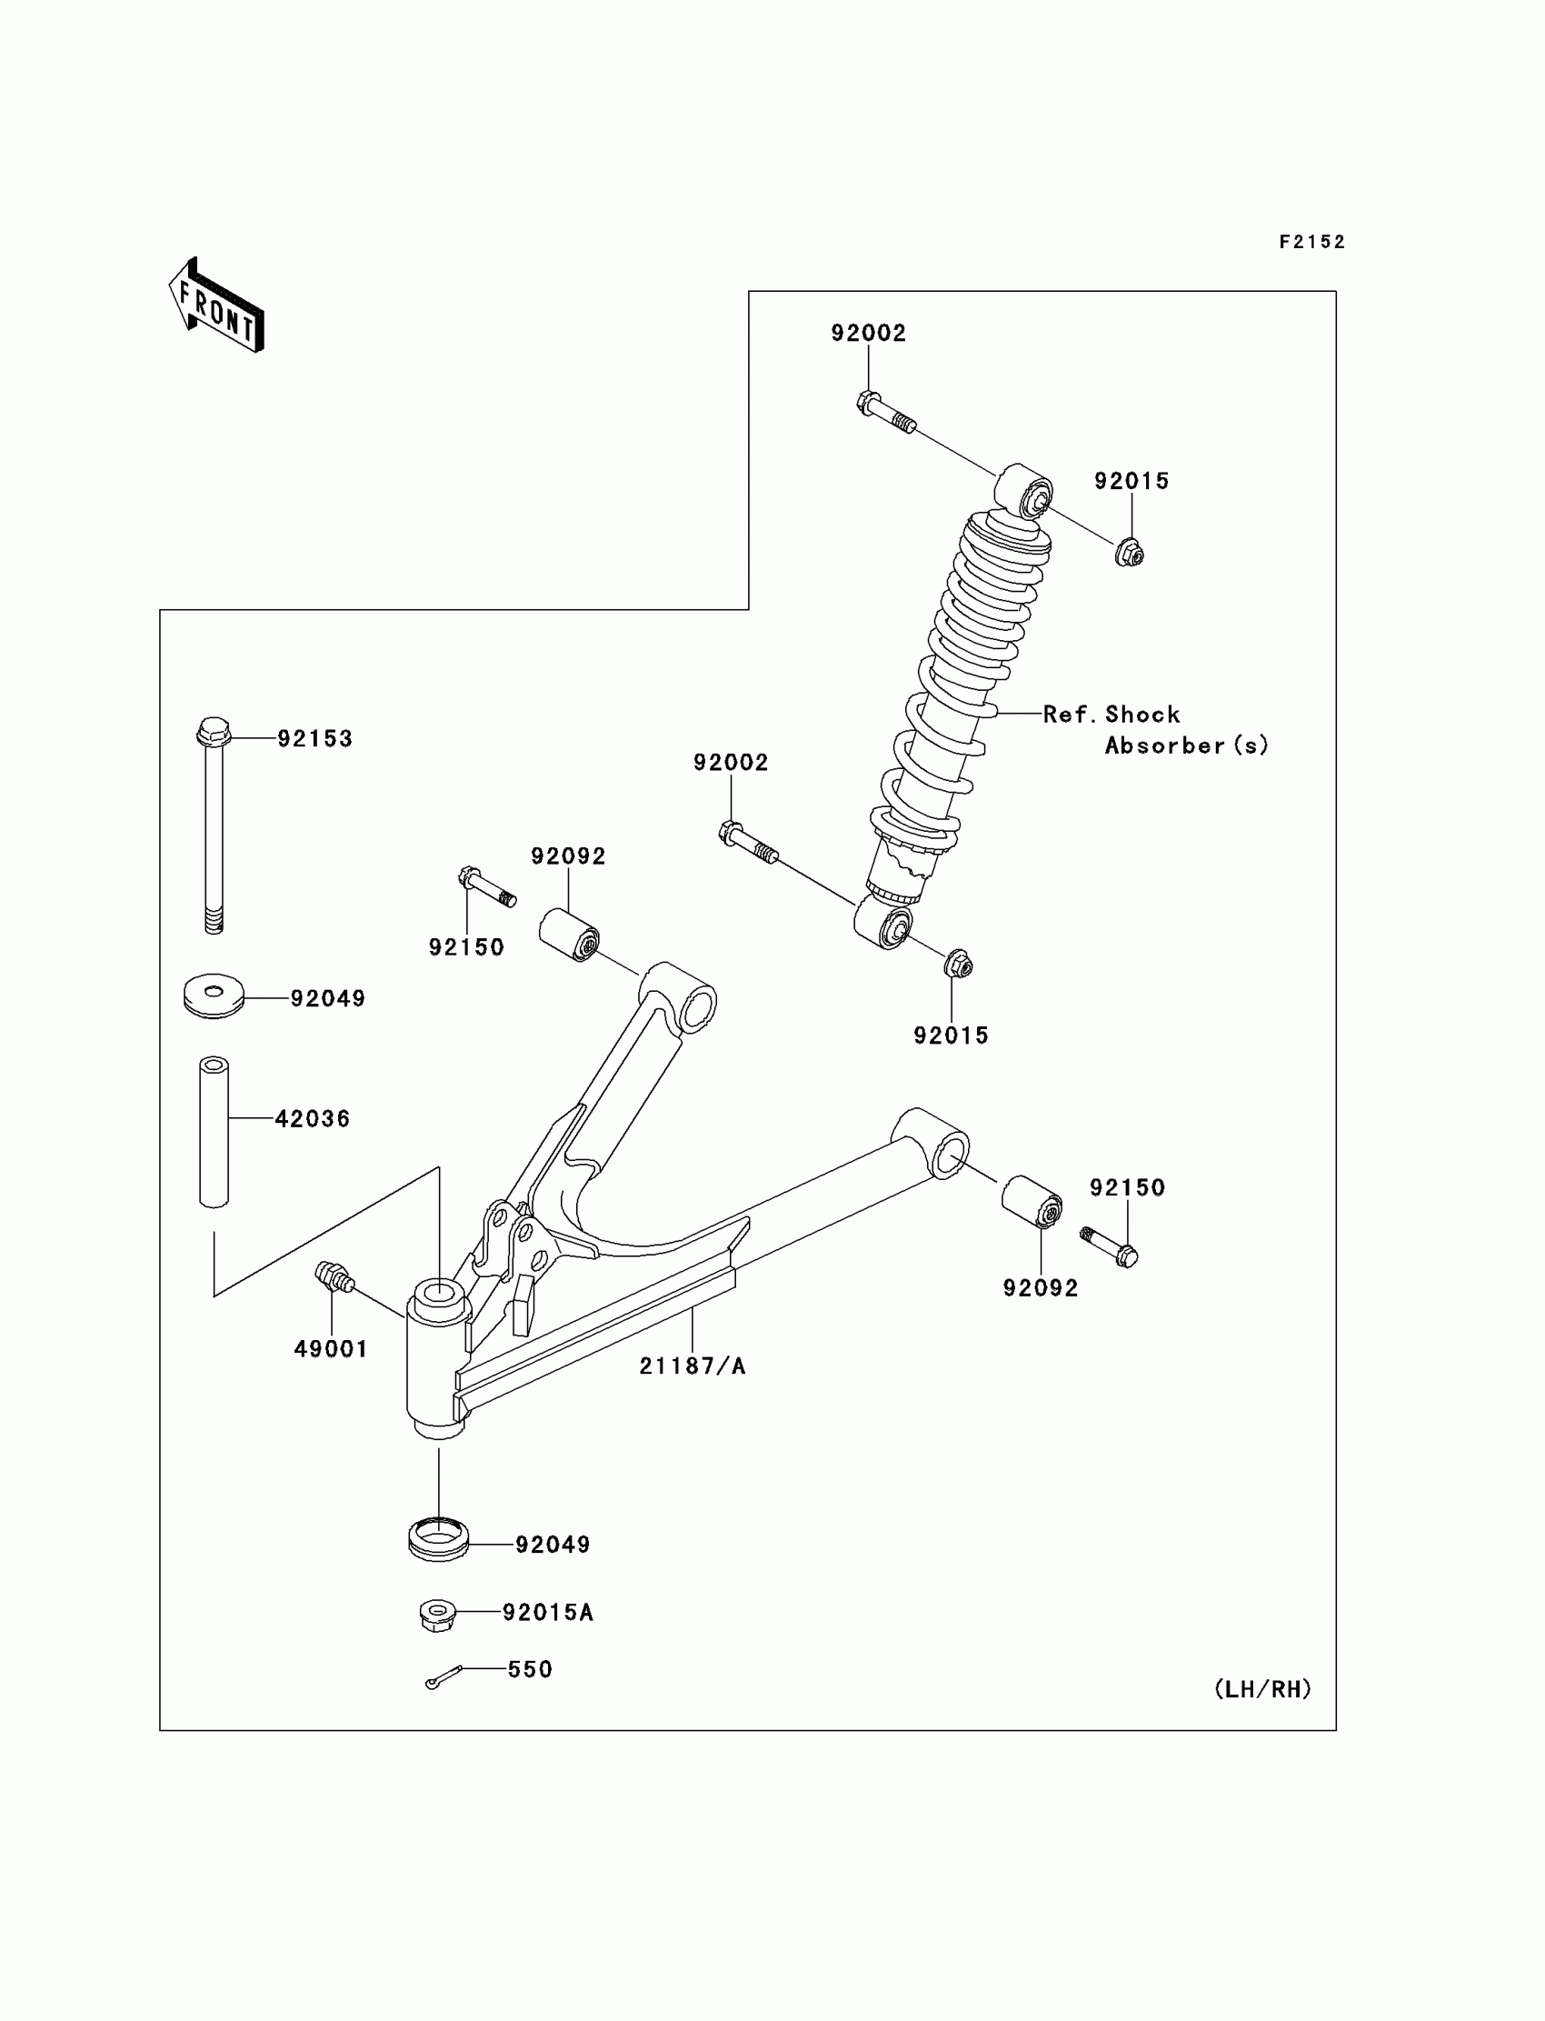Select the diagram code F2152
click(x=1311, y=242)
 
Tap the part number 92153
click(x=314, y=739)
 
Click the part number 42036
click(x=313, y=1118)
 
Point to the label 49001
click(x=330, y=1348)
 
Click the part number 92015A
click(x=547, y=1612)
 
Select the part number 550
click(x=530, y=1668)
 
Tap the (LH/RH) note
click(x=1262, y=1689)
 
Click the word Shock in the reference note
click(x=1142, y=715)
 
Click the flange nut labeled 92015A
click(x=438, y=1616)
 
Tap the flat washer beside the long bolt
click(x=214, y=996)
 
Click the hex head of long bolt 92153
click(x=214, y=731)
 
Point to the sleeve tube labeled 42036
click(x=214, y=1132)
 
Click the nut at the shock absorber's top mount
click(x=1130, y=552)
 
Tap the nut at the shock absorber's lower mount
click(x=957, y=964)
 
